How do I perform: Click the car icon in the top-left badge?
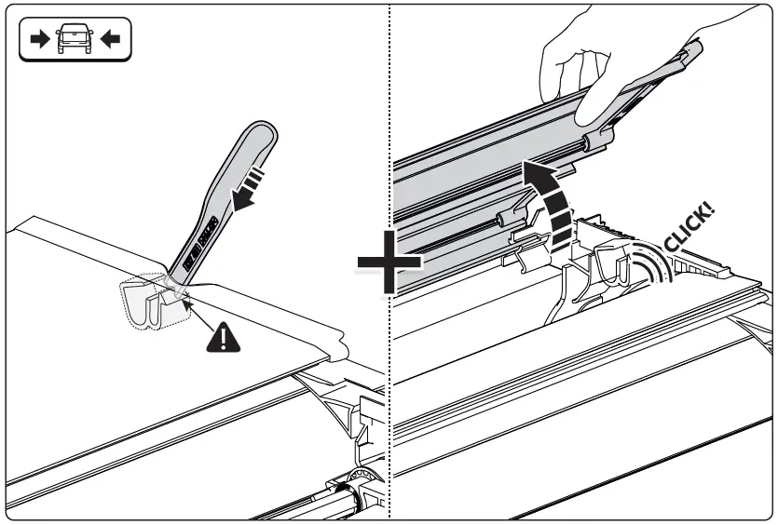tap(75, 40)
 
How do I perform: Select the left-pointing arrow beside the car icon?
tap(111, 40)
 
